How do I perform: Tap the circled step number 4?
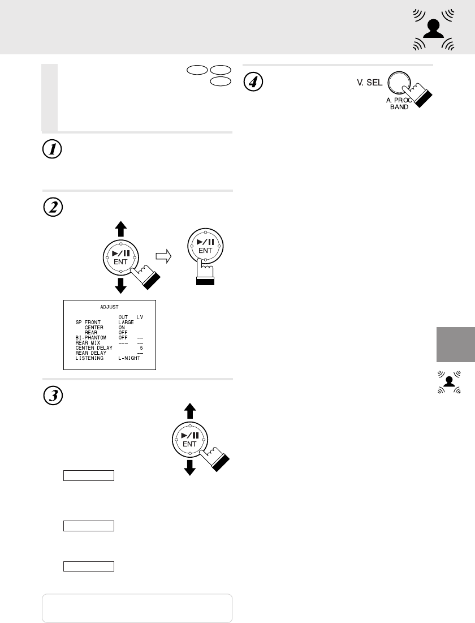pyautogui.click(x=253, y=82)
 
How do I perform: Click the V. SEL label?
pyautogui.click(x=367, y=83)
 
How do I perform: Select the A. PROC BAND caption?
pyautogui.click(x=399, y=103)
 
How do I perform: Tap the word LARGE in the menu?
pyautogui.click(x=126, y=322)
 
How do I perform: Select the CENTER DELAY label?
pyautogui.click(x=94, y=347)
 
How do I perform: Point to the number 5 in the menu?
pyautogui.click(x=141, y=347)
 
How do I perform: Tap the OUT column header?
pyautogui.click(x=123, y=317)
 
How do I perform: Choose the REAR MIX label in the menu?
pyautogui.click(x=88, y=342)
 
